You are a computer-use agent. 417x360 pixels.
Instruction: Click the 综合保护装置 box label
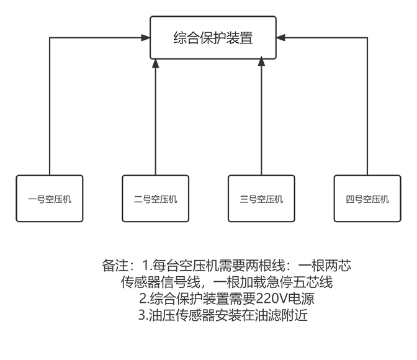[x=213, y=37]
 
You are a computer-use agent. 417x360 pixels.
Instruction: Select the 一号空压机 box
[x=50, y=199]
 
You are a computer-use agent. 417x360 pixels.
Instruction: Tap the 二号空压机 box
[x=156, y=199]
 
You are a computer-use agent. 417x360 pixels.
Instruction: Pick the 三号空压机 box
[x=261, y=199]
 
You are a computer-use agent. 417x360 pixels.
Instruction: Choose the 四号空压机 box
[x=367, y=199]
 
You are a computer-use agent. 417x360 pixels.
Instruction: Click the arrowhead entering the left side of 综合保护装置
[x=146, y=37]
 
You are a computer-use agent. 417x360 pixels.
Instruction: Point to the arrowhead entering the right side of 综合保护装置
[x=280, y=37]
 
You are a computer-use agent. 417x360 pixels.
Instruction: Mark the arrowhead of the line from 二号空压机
[x=156, y=63]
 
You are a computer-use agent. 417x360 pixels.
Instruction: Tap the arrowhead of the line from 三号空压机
[x=261, y=61]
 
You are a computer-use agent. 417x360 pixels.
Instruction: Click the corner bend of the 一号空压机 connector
[x=50, y=37]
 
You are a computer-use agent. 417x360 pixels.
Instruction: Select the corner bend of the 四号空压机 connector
[x=367, y=37]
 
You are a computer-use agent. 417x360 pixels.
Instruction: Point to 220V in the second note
[x=272, y=299]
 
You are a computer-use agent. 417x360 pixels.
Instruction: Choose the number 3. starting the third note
[x=143, y=315]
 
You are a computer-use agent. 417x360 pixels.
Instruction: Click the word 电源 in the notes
[x=302, y=299]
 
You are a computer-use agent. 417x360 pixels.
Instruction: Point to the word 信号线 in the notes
[x=180, y=282]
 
